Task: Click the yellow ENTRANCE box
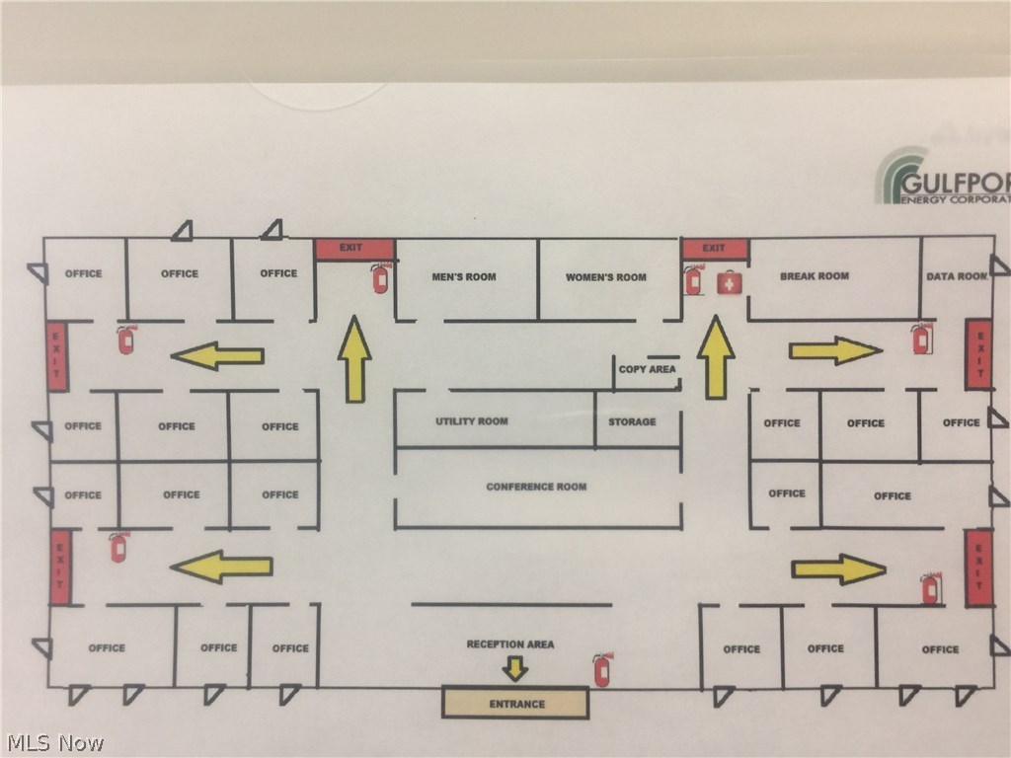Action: click(x=514, y=703)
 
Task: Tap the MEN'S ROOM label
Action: click(x=463, y=277)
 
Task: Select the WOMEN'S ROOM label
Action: click(x=605, y=277)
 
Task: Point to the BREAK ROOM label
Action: click(x=815, y=276)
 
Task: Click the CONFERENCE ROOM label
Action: click(x=536, y=487)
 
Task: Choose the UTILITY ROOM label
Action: click(x=472, y=421)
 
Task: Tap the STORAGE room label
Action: click(x=632, y=421)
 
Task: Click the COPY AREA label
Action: click(x=647, y=369)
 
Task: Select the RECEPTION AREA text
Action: click(x=510, y=644)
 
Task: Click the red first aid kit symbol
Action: click(x=729, y=282)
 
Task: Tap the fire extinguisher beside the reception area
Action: click(x=601, y=669)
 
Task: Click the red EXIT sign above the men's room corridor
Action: click(x=353, y=249)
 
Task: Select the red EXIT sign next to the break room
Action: click(x=715, y=249)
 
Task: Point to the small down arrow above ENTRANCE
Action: click(x=514, y=669)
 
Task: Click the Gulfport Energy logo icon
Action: click(x=899, y=175)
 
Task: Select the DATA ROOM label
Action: click(x=956, y=276)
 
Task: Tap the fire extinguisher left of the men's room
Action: click(x=379, y=279)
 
